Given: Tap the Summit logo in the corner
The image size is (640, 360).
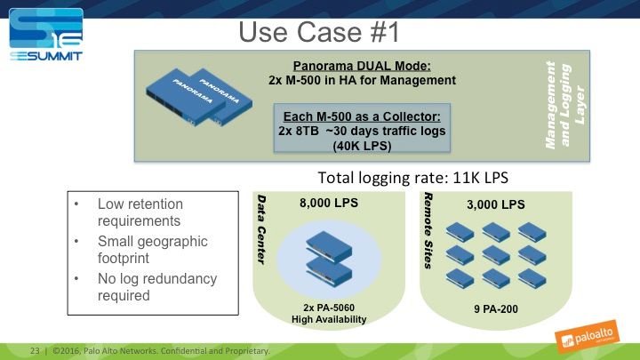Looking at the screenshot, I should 44,35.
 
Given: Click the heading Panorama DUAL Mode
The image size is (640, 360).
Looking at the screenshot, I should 362,66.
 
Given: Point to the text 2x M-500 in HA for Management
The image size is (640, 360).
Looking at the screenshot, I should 362,80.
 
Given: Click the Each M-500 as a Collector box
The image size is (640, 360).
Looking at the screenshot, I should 362,130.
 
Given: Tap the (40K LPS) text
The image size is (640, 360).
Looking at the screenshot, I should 362,144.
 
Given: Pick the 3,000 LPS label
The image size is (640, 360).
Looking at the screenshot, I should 495,204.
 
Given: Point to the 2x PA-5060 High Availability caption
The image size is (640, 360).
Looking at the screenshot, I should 328,312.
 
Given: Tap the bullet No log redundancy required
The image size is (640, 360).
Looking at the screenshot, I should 156,287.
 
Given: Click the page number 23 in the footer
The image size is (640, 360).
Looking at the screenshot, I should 36,349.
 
